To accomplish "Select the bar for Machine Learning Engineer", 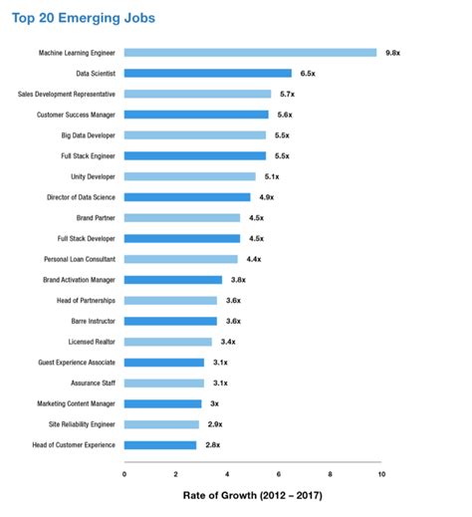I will tap(250, 53).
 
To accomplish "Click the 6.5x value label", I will tap(309, 74).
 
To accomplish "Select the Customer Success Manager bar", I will tap(196, 115).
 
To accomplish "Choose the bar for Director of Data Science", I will tap(187, 197).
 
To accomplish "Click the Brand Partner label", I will tap(96, 217).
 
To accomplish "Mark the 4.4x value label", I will tap(254, 259).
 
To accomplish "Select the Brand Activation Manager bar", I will tap(173, 280).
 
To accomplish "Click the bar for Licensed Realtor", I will tap(167, 342).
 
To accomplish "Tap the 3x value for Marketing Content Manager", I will tap(214, 403).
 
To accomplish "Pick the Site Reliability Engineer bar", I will tap(161, 424).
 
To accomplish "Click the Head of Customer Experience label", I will tap(74, 444).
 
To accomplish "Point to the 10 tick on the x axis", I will tap(381, 474).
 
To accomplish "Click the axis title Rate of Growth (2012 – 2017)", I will tap(253, 495).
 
